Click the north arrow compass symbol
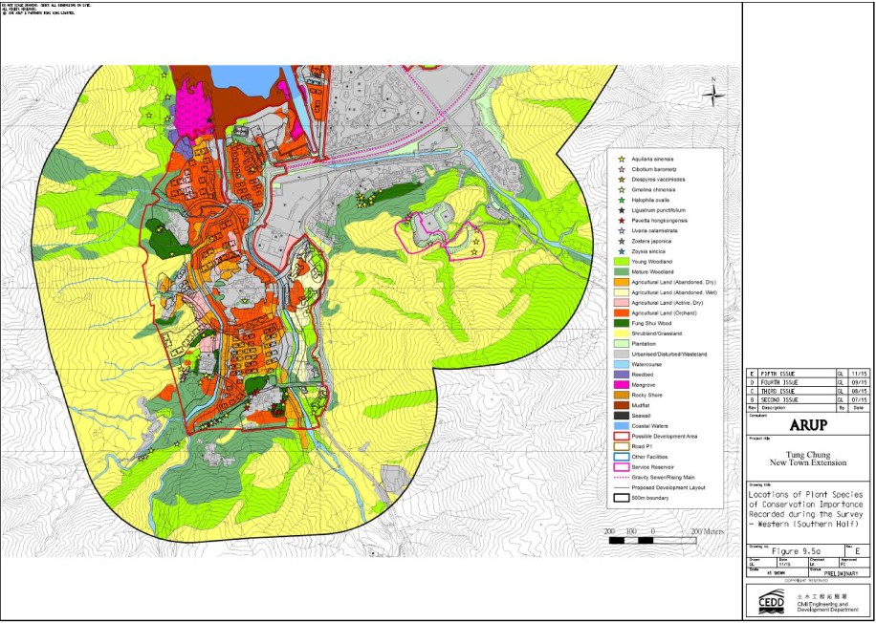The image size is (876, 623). pyautogui.click(x=712, y=94)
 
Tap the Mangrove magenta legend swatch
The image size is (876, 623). pyautogui.click(x=623, y=385)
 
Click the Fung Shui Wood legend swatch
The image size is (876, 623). pyautogui.click(x=623, y=323)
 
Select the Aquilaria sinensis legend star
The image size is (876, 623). pyautogui.click(x=623, y=159)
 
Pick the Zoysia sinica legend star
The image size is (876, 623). pyautogui.click(x=623, y=251)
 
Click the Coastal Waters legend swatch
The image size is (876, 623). pyautogui.click(x=623, y=426)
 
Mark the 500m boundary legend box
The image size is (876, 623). pyautogui.click(x=623, y=498)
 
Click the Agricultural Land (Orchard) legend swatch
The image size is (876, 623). pyautogui.click(x=623, y=312)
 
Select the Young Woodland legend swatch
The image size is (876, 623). pyautogui.click(x=623, y=262)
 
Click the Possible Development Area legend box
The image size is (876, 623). pyautogui.click(x=623, y=437)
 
